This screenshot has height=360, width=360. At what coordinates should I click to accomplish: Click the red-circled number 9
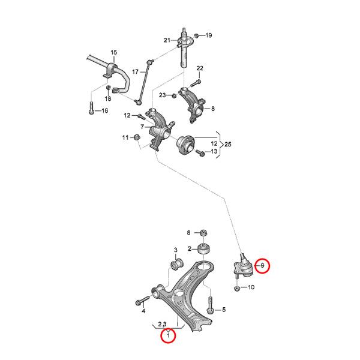click(262, 265)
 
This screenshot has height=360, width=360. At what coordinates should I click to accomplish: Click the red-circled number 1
click(169, 337)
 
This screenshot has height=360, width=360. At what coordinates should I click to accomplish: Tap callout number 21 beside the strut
click(167, 40)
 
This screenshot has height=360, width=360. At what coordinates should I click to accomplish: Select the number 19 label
click(209, 36)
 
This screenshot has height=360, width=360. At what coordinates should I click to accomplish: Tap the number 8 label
click(212, 109)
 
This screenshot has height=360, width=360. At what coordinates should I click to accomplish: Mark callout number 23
click(163, 95)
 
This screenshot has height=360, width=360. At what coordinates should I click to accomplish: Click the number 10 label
click(251, 288)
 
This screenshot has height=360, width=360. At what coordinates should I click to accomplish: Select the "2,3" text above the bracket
click(162, 325)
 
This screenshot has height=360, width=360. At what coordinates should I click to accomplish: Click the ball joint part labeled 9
click(242, 267)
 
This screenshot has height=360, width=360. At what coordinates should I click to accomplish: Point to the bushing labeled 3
click(177, 264)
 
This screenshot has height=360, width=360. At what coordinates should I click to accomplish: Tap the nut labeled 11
click(137, 139)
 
